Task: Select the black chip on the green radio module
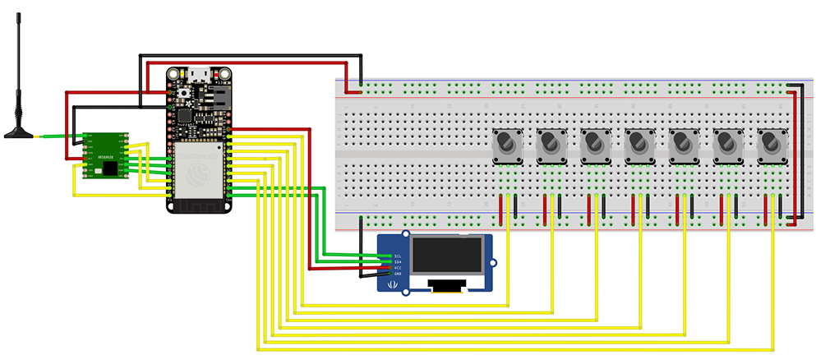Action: [109, 168]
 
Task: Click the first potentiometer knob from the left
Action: [507, 146]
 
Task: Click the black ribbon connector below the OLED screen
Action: [448, 285]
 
